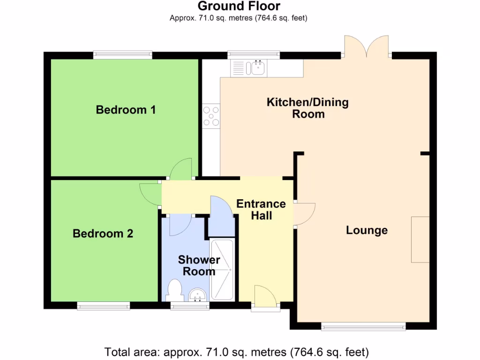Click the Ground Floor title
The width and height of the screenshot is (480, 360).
point(239,6)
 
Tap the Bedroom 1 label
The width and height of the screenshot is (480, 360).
point(126,110)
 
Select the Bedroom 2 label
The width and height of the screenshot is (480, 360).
point(103,233)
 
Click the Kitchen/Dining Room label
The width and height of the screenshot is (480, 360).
point(307,108)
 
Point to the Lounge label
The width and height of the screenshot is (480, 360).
point(367,230)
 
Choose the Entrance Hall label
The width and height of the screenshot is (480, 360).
point(261,210)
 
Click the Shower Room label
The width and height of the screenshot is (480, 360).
point(199,265)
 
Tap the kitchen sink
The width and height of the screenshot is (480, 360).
point(258,68)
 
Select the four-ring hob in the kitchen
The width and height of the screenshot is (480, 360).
point(211,116)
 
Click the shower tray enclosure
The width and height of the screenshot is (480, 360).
point(222,270)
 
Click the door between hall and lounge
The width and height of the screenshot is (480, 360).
point(305,214)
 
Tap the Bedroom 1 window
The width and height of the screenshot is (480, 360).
point(123,55)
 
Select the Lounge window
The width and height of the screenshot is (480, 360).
point(363,326)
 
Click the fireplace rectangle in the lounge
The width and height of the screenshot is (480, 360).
point(420,240)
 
